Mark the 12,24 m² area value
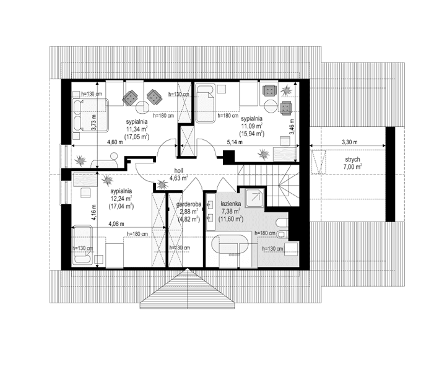pos(121,199)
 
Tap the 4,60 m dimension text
pos(116,142)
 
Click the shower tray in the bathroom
pos(253,197)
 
